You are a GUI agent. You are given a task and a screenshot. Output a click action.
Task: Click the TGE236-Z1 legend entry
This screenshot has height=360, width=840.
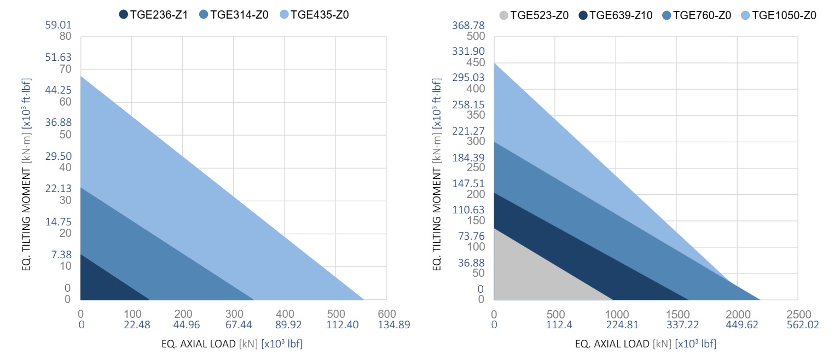(x=153, y=15)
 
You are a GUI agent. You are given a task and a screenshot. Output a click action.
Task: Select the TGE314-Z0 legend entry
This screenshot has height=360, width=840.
(x=234, y=15)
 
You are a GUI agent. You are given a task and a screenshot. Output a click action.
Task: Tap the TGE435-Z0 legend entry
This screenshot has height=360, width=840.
(x=314, y=15)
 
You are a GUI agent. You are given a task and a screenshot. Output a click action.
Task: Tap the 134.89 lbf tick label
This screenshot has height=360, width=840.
(x=393, y=324)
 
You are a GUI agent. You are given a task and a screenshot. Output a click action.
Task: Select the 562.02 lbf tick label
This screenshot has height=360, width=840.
(x=803, y=324)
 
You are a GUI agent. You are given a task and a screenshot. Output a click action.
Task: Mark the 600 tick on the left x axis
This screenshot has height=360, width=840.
(x=386, y=314)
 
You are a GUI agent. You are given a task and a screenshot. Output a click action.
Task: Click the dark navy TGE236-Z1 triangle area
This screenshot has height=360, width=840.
(x=102, y=284)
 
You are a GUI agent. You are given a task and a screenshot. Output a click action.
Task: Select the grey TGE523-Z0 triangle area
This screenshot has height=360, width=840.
(x=531, y=274)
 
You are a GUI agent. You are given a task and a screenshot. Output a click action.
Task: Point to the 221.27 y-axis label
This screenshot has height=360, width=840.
(x=468, y=131)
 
